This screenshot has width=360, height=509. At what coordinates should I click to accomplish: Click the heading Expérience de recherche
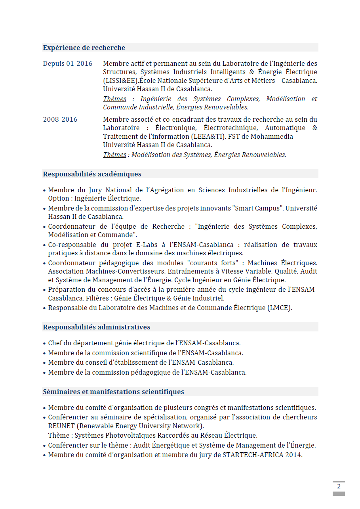tap(84, 48)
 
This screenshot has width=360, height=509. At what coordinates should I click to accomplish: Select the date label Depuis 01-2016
tap(67, 63)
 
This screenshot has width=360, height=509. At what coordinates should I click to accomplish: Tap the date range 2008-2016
tap(60, 119)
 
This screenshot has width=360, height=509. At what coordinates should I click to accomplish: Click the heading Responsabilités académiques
tap(92, 174)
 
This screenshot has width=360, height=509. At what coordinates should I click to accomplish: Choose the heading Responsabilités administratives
tap(97, 327)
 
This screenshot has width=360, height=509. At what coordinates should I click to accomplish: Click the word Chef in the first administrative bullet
tap(55, 343)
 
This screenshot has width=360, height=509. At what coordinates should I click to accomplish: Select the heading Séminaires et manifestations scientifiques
tap(113, 392)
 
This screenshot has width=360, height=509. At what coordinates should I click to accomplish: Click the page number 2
tap(339, 486)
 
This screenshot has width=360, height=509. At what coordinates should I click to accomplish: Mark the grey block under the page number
tap(339, 494)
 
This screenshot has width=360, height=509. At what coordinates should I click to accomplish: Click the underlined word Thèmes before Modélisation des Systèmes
tap(114, 155)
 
